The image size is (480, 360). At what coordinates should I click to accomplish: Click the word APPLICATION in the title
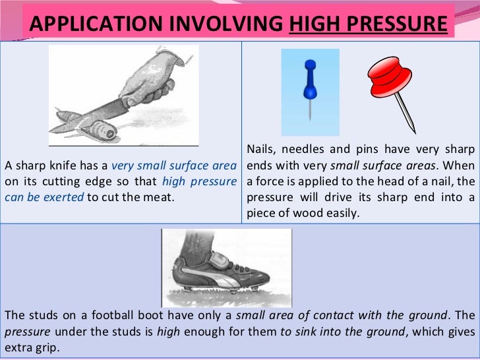coord(84,24)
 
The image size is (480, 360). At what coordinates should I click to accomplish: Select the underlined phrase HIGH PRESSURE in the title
coord(369,24)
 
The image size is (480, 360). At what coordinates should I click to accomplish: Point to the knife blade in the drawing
coord(92,113)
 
